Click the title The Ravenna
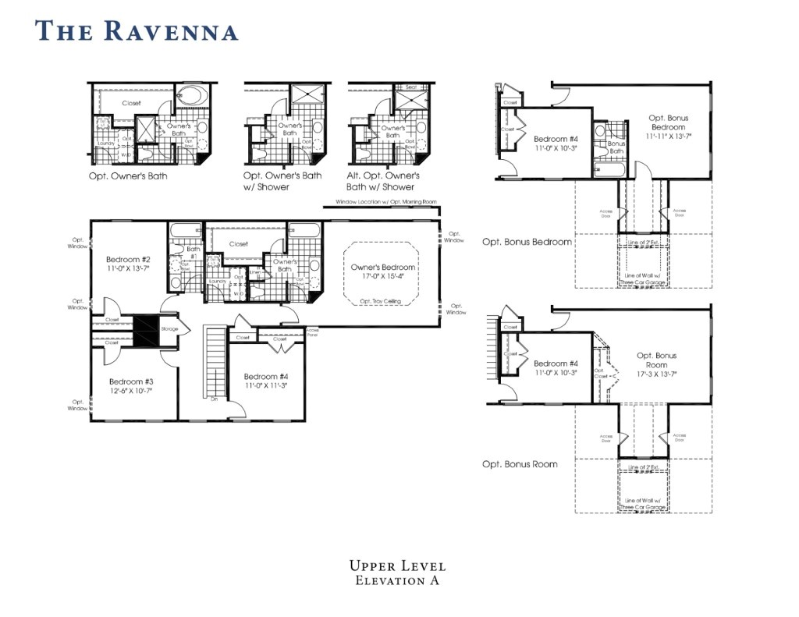pos(137,31)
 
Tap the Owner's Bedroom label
pos(382,267)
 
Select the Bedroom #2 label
pos(128,259)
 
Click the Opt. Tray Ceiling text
pos(382,301)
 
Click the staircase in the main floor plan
pos(214,363)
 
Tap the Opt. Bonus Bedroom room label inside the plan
pos(668,122)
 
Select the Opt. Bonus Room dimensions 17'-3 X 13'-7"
pos(656,374)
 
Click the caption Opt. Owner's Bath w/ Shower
pos(282,181)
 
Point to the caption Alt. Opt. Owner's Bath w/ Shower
pos(382,181)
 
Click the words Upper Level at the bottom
pos(397,566)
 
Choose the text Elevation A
pos(397,580)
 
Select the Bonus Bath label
pos(616,147)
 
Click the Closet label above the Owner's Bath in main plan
pos(239,243)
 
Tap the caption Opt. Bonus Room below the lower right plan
pos(520,464)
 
